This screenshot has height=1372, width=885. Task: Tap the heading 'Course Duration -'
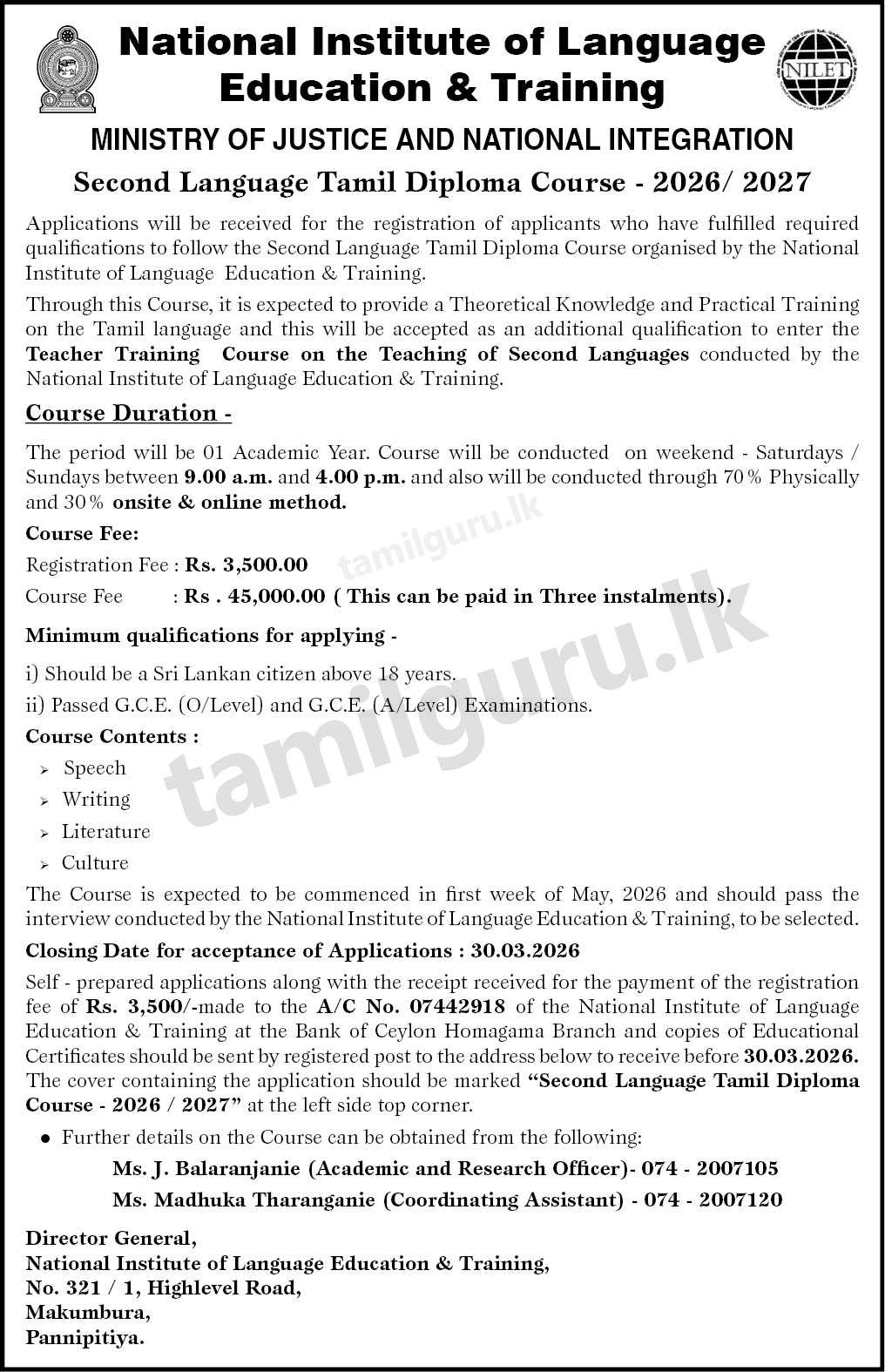coord(128,413)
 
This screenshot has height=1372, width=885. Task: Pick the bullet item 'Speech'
coord(94,768)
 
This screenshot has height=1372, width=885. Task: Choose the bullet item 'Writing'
coord(96,800)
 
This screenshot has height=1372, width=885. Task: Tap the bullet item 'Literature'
coord(105,832)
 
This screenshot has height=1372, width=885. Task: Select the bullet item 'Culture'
coord(95,863)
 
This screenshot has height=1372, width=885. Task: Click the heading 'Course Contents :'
coord(111,737)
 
